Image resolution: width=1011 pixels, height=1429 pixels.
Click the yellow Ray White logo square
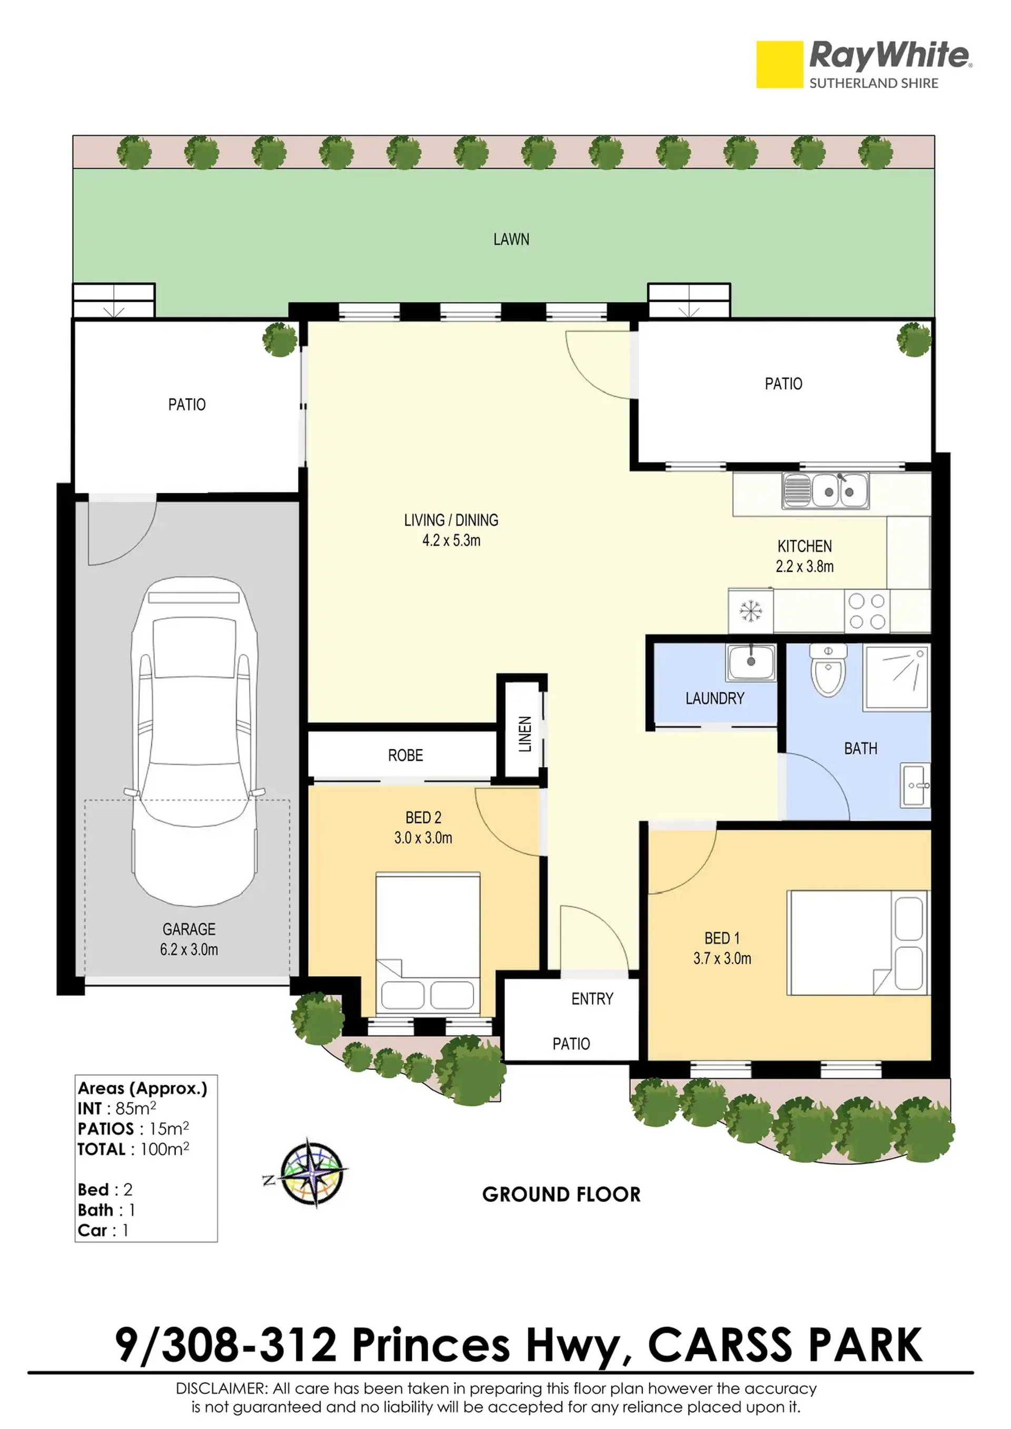tap(779, 64)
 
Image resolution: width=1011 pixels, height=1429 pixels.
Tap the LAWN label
tap(511, 240)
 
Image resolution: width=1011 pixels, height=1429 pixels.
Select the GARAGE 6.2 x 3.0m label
tap(189, 939)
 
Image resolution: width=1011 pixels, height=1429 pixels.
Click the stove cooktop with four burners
tap(867, 611)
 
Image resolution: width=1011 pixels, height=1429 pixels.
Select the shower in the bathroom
tap(896, 678)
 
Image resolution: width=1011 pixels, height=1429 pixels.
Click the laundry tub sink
tap(751, 662)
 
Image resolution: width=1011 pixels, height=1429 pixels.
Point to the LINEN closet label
tap(526, 734)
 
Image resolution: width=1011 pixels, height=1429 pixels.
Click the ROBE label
tap(405, 756)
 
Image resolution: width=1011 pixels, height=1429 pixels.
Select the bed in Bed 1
tap(858, 943)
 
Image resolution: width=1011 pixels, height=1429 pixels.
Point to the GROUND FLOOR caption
tap(561, 1194)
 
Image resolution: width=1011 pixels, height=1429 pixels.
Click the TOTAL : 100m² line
tap(133, 1149)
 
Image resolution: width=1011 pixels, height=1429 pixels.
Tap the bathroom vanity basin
tap(916, 786)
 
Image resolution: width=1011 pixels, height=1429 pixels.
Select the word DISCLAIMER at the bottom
tap(221, 1388)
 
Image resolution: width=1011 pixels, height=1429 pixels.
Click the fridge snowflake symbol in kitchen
tap(751, 611)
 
